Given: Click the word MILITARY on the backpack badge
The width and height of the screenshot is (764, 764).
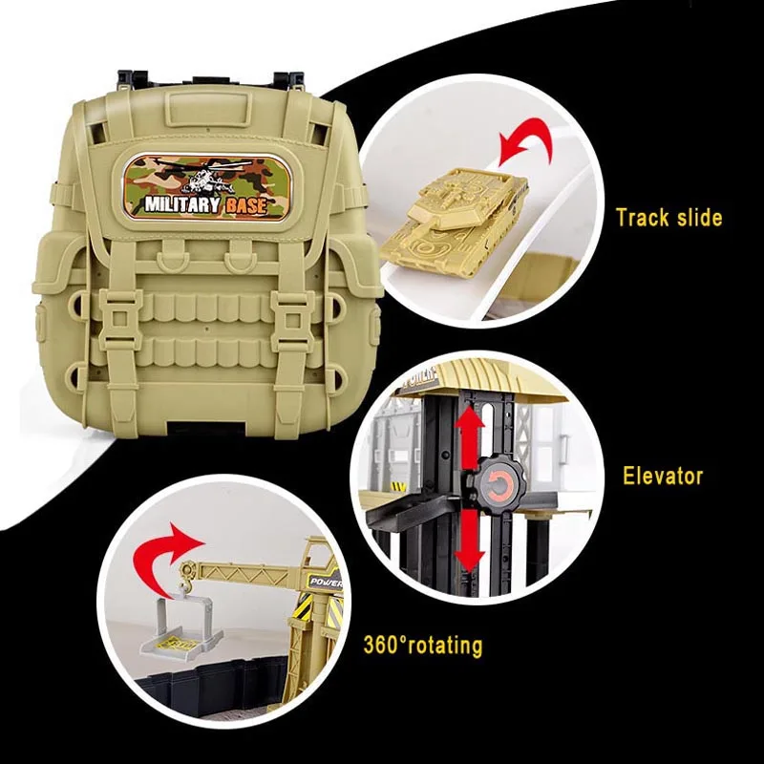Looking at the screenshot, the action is pyautogui.click(x=182, y=204).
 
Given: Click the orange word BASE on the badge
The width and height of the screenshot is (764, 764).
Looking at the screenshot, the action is pyautogui.click(x=246, y=205).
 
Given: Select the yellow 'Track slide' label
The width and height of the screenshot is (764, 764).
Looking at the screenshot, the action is pyautogui.click(x=669, y=218).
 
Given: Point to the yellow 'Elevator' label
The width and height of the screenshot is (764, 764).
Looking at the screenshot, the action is pyautogui.click(x=663, y=476).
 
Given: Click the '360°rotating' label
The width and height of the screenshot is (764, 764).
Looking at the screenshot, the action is pyautogui.click(x=422, y=646).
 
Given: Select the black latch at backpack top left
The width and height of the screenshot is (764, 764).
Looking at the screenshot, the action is pyautogui.click(x=132, y=78).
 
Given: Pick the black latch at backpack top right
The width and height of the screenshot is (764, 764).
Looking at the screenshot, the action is pyautogui.click(x=289, y=78).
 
